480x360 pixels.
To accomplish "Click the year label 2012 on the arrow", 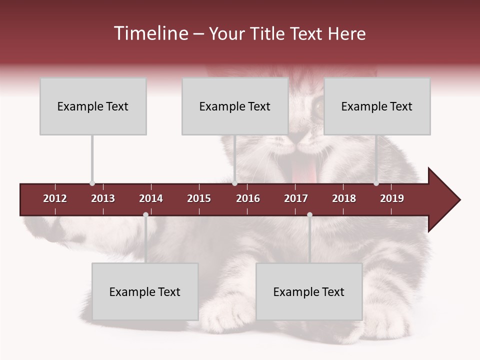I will click(x=55, y=198).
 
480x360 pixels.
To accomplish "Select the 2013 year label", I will click(x=103, y=198).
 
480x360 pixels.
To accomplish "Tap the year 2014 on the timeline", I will click(x=151, y=198).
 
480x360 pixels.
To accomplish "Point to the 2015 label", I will click(x=199, y=198).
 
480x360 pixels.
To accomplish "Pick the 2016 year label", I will click(x=248, y=198).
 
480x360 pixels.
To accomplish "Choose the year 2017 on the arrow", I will click(x=296, y=198).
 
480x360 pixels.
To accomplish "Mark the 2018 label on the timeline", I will click(x=344, y=198).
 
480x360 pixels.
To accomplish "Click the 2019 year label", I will click(x=392, y=198).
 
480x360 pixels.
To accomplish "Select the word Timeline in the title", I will click(x=149, y=33).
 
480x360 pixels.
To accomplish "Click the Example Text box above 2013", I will click(x=93, y=106).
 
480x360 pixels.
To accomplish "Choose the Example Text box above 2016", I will click(x=235, y=106).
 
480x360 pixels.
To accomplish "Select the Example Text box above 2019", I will click(x=377, y=106).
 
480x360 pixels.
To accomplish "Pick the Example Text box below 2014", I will click(x=145, y=291).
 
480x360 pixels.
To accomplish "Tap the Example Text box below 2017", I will click(x=309, y=291).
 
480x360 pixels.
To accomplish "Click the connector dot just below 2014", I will click(x=145, y=215).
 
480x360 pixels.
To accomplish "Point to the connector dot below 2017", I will click(x=309, y=215).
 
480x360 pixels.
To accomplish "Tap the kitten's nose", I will click(x=299, y=136).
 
